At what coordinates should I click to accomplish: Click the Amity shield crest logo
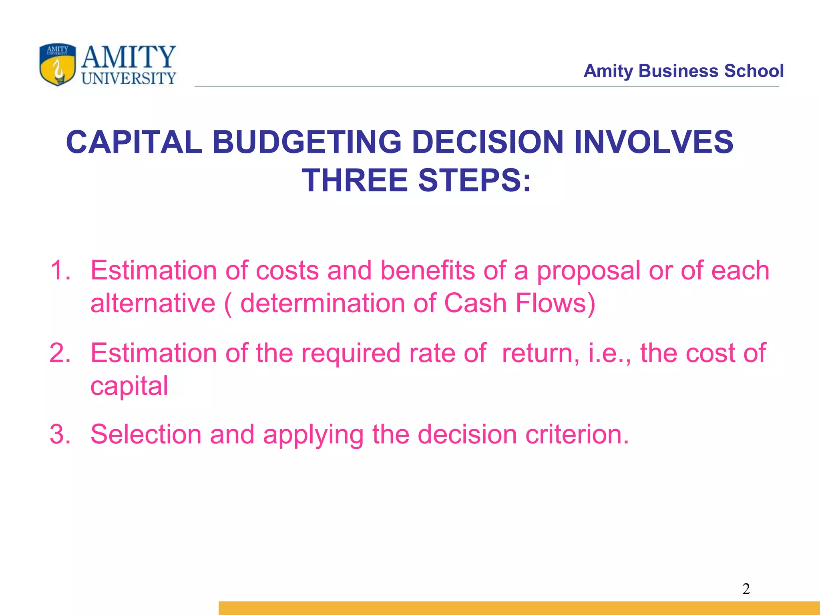click(x=57, y=65)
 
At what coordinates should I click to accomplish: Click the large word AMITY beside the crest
click(x=129, y=57)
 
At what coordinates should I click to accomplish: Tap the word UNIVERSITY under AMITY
click(x=129, y=78)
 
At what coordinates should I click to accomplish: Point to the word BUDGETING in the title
click(x=307, y=142)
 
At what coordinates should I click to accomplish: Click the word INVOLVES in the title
click(x=653, y=142)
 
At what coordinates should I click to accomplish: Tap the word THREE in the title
click(x=354, y=180)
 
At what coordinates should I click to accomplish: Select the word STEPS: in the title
click(x=474, y=180)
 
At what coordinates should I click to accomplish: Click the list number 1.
click(x=60, y=270)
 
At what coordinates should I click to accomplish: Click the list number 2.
click(x=60, y=353)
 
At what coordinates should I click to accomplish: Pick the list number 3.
click(x=60, y=434)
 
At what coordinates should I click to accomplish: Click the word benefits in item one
click(x=427, y=270)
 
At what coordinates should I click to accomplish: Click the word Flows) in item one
click(x=556, y=303)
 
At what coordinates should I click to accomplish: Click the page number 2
click(x=746, y=589)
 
